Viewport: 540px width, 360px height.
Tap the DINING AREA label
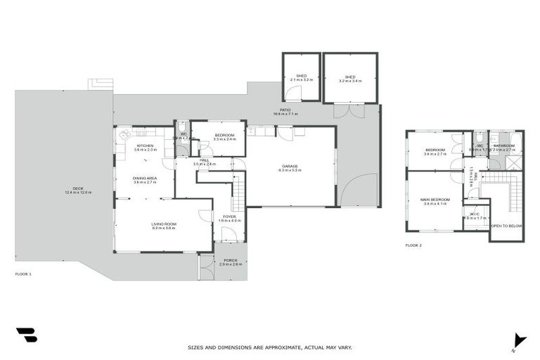[x=145, y=179]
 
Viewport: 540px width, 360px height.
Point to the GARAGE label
[x=290, y=167]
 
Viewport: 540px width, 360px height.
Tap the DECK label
[x=78, y=190]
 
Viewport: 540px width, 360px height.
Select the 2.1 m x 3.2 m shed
[x=301, y=77]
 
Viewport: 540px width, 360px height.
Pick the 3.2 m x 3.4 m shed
[x=349, y=77]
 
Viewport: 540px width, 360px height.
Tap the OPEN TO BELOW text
[x=506, y=226]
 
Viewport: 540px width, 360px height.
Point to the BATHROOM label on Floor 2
[x=504, y=146]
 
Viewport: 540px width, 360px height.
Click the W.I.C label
[x=475, y=214]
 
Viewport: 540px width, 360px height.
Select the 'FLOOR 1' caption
[x=23, y=274]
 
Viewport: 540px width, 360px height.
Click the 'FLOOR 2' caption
[x=413, y=245]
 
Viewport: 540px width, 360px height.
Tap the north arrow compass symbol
[x=519, y=341]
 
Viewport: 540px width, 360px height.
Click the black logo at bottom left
[x=26, y=335]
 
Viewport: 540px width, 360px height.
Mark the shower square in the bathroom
[x=515, y=161]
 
